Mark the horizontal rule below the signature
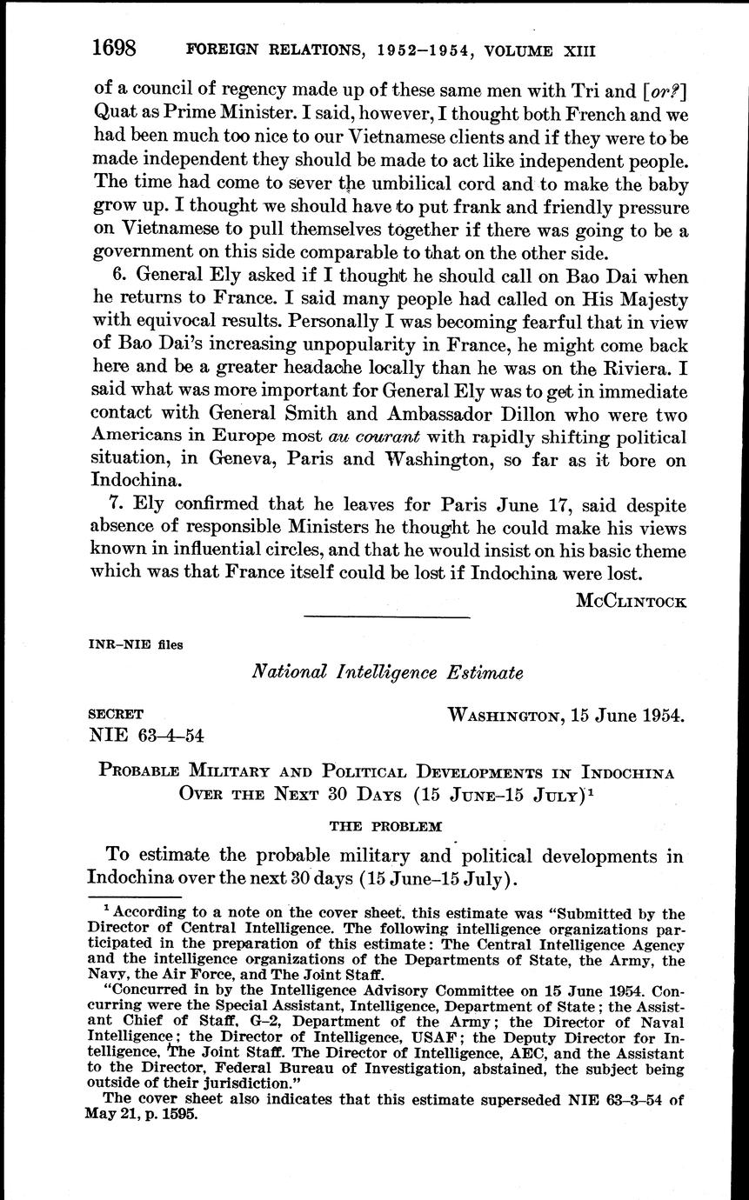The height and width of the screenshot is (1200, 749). pos(386,618)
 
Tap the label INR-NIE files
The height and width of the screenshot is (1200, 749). pos(136,645)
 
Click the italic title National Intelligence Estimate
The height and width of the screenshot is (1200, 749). pos(387,672)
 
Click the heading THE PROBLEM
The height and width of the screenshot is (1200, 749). pos(386,825)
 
